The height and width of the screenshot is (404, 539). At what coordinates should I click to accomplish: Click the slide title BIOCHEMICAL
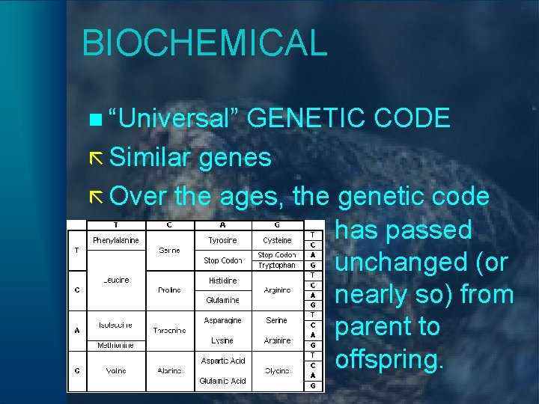coord(204,43)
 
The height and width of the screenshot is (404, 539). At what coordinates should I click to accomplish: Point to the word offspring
coord(390,360)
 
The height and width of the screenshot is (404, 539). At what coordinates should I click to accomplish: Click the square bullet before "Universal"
coord(93,119)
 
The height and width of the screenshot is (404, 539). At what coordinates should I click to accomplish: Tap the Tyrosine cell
coord(222,240)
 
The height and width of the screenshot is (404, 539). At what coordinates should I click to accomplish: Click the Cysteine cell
coord(277,240)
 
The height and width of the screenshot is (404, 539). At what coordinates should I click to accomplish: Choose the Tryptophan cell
coord(277,265)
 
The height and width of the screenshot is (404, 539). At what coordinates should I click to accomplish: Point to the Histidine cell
coord(222,281)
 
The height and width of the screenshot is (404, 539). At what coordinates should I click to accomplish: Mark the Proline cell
coord(169,290)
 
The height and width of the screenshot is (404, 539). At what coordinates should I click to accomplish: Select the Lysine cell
coord(222,340)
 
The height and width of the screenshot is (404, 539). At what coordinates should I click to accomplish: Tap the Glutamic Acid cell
coord(222,381)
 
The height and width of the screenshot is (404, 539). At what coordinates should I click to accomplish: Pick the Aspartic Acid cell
coord(222,361)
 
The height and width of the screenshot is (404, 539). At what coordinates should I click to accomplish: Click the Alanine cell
coord(169,370)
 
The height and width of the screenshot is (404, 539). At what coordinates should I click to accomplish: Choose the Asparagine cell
coord(222,320)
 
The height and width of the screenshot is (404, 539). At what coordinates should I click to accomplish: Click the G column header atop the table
coord(277,224)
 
